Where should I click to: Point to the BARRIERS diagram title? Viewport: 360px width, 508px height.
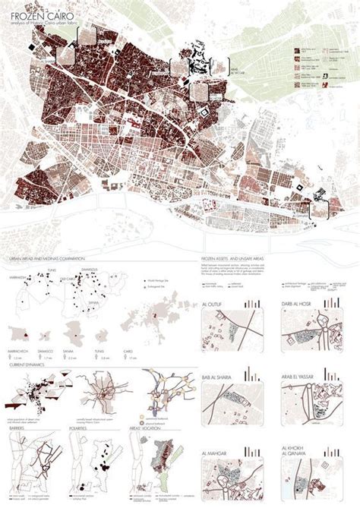coord(16,428)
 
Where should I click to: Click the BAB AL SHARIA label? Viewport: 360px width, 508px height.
coord(218,370)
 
